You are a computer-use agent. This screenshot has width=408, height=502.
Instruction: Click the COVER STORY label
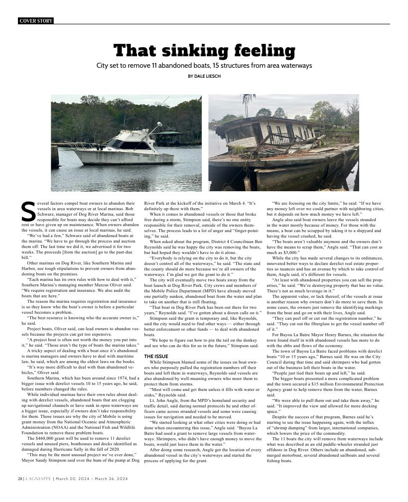pos(35,21)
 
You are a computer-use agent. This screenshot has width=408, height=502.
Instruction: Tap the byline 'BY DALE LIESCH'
pos(204,76)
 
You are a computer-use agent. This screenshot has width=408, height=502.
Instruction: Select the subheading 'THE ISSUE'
pos(156,357)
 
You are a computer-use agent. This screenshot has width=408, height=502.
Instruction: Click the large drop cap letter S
pos(28,212)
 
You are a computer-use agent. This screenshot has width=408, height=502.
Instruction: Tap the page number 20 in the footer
pos(20,479)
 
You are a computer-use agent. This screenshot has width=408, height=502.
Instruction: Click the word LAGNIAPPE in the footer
pos(38,479)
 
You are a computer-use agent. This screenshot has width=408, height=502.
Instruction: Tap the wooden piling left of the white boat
pos(55,156)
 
